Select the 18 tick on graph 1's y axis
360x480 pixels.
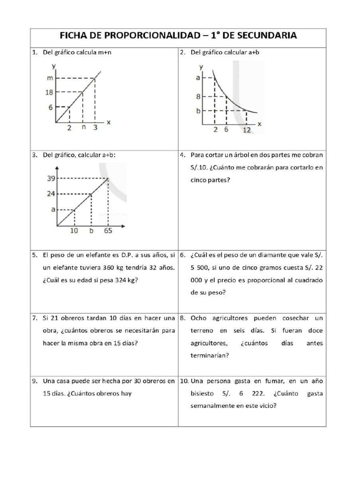coord(49,92)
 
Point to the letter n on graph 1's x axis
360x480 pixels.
coord(83,127)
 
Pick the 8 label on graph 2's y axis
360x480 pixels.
coord(198,97)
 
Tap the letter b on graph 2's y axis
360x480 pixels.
coord(198,111)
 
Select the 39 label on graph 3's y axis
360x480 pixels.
coord(51,178)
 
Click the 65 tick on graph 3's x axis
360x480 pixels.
coord(108,231)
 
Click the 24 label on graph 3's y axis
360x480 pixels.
coord(51,193)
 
